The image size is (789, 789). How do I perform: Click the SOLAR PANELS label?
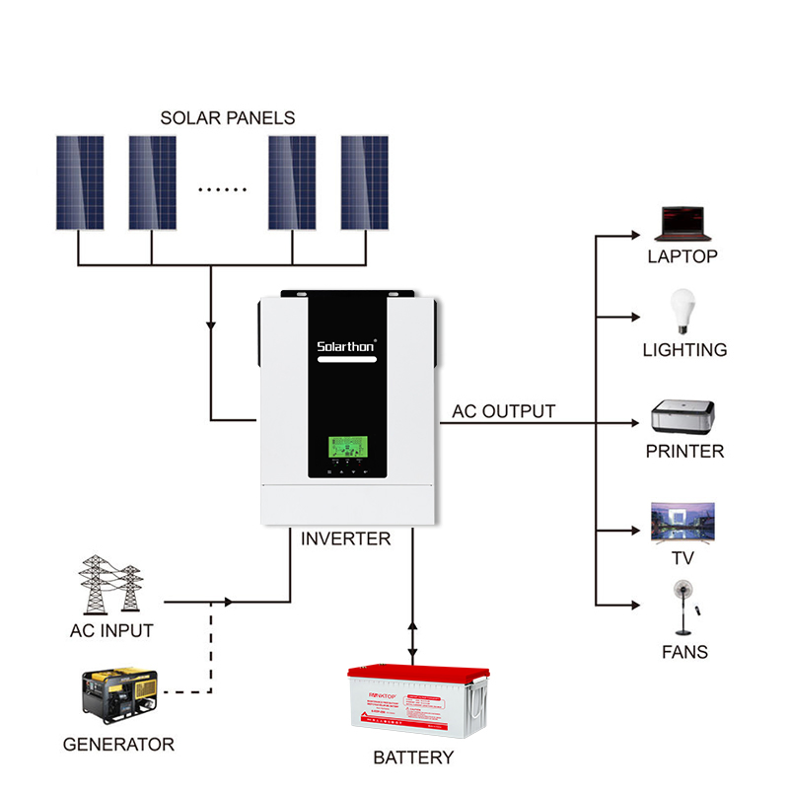tap(227, 118)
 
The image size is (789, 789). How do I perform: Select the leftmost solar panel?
tap(79, 182)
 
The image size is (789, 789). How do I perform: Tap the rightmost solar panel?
tap(366, 182)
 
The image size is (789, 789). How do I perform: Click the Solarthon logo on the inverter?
tap(347, 346)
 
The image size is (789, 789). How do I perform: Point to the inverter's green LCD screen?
tap(347, 450)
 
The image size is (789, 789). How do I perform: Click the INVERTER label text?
tap(345, 539)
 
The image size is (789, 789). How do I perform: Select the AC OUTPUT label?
tap(503, 411)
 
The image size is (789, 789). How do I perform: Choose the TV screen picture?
tap(682, 522)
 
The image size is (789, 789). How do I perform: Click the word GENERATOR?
tap(118, 745)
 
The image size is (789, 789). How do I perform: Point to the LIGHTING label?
tap(684, 350)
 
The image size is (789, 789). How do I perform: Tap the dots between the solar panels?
tap(222, 187)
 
